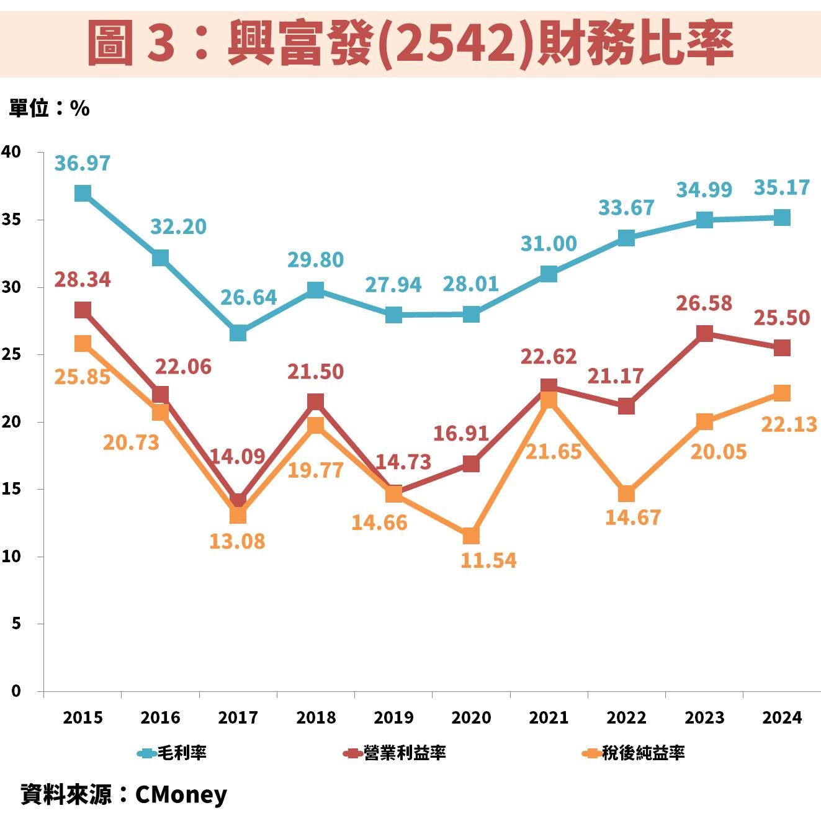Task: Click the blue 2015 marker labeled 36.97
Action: [x=83, y=193]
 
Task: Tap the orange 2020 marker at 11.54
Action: [x=471, y=536]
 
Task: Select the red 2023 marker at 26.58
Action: [x=704, y=333]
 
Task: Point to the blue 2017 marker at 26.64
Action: [x=238, y=333]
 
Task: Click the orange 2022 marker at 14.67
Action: [x=626, y=494]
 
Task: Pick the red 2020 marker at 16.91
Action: [x=471, y=464]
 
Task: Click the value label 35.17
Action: [x=782, y=187]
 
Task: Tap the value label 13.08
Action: [x=236, y=541]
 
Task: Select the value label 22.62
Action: [x=548, y=356]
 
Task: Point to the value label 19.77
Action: [x=315, y=470]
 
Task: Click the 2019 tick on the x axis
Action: [x=393, y=718]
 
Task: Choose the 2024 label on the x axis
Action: [x=782, y=718]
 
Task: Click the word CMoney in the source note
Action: [x=181, y=795]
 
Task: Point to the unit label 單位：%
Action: [x=49, y=109]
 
